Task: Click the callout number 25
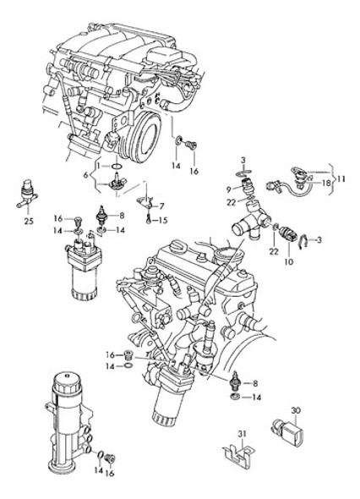click(x=29, y=221)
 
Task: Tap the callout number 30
click(x=296, y=411)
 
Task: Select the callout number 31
click(x=242, y=434)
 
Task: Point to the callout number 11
click(x=341, y=179)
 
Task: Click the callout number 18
click(x=326, y=183)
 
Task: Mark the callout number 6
click(x=85, y=175)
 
